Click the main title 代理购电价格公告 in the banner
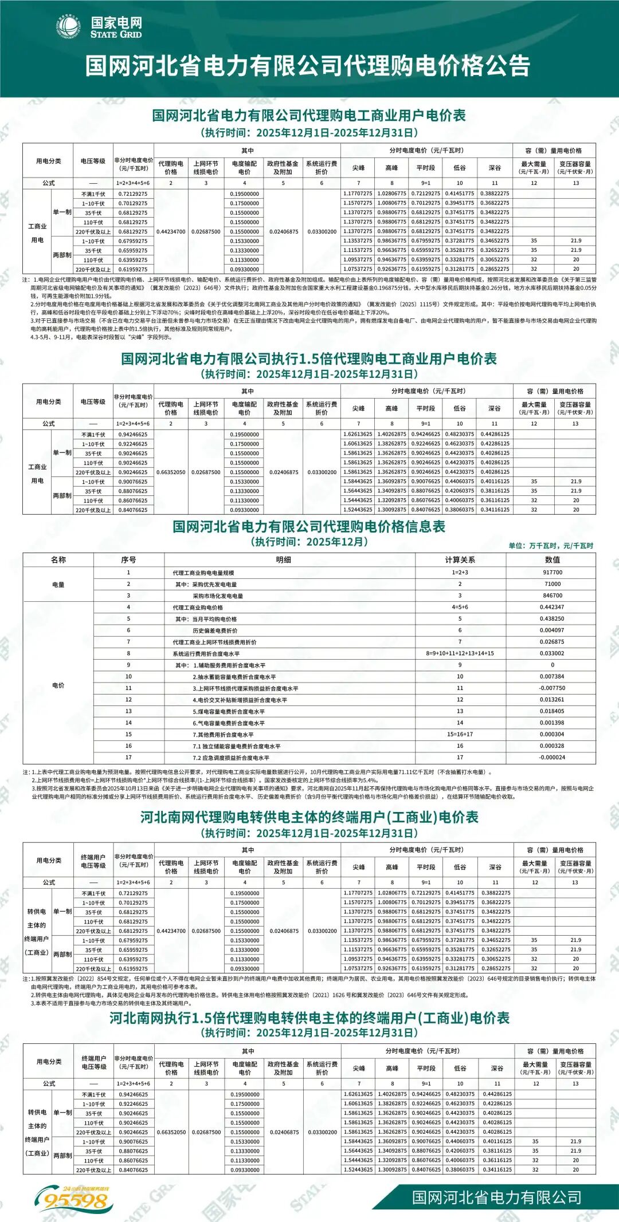point(308,66)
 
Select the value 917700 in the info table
point(552,573)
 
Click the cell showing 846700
point(552,596)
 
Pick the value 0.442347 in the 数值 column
point(552,607)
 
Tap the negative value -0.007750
point(552,688)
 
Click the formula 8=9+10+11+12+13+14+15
point(460,653)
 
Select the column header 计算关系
point(460,559)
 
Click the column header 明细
point(283,559)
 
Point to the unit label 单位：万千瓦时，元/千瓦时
point(550,546)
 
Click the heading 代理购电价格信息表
point(309,527)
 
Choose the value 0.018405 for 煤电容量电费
point(552,711)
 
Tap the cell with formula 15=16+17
point(460,734)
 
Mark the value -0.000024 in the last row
point(552,757)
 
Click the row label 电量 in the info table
point(58,585)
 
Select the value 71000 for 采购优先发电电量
point(552,584)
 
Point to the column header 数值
point(552,559)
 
